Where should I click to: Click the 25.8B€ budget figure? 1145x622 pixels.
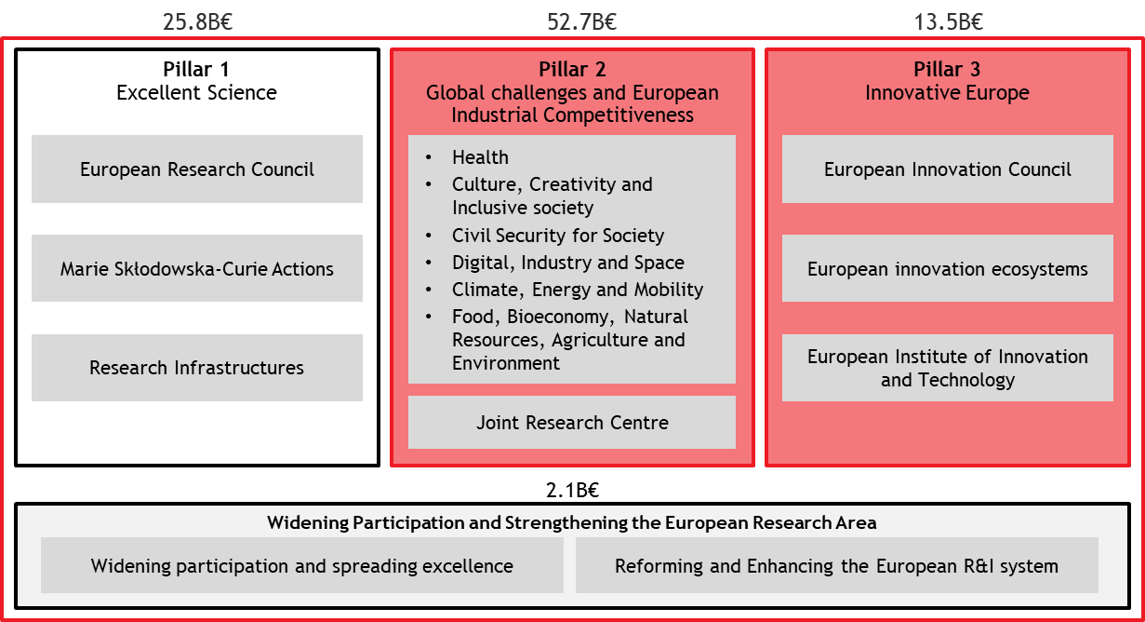[198, 22]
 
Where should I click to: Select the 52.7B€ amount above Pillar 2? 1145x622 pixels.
[581, 22]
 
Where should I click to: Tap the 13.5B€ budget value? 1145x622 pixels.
[948, 22]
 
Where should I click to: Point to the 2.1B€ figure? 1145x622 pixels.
[572, 490]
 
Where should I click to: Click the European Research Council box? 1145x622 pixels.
[197, 169]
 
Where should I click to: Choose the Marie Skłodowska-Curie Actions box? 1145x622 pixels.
[197, 268]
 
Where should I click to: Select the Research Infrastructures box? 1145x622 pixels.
[197, 367]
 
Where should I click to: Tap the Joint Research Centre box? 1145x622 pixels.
[572, 422]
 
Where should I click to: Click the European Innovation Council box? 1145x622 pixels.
[948, 169]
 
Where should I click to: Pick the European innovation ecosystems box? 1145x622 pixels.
[948, 268]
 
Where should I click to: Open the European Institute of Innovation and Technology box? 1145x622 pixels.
[948, 367]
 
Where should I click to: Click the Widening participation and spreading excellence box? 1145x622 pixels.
[302, 565]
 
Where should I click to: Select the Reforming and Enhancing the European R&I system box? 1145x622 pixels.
[837, 565]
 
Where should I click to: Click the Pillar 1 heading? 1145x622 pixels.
[196, 69]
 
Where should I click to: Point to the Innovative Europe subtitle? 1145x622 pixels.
[947, 92]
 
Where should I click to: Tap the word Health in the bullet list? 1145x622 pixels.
[480, 157]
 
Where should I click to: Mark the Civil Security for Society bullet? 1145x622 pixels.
[558, 236]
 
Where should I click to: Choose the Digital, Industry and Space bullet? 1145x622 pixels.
[568, 263]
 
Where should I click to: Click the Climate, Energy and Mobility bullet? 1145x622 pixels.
[578, 290]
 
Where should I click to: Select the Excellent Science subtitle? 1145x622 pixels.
[196, 92]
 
